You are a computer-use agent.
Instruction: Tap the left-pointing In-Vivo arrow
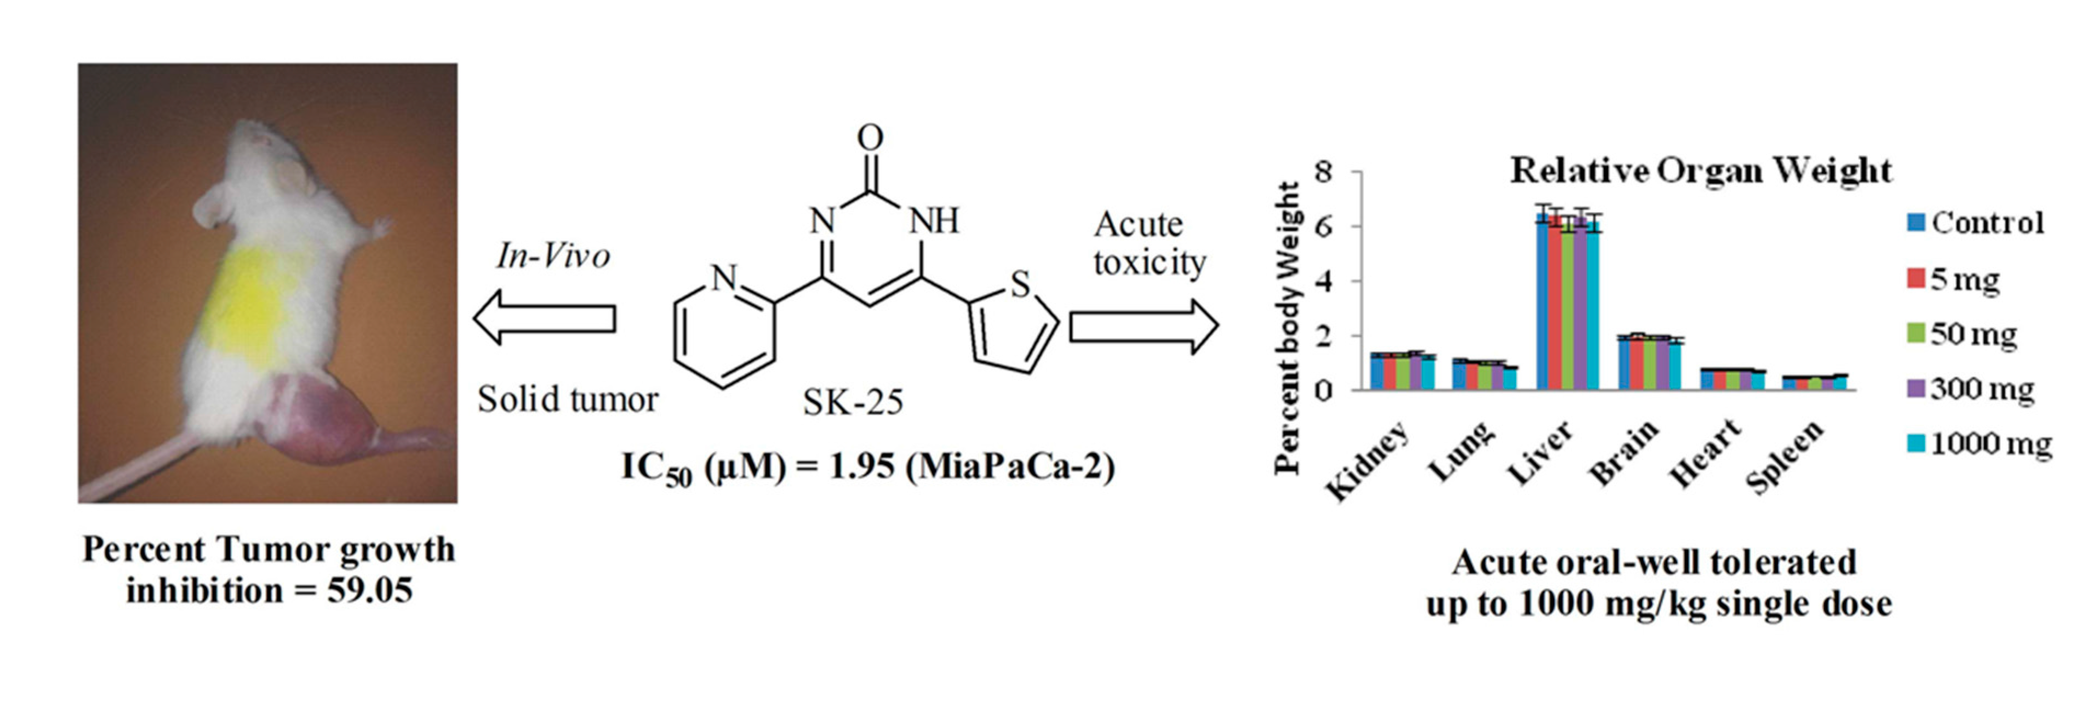(544, 318)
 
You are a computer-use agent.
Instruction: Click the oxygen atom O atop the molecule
(870, 138)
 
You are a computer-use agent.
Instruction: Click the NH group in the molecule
(933, 220)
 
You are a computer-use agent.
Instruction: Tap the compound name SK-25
(853, 402)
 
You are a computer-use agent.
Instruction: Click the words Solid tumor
(568, 399)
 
